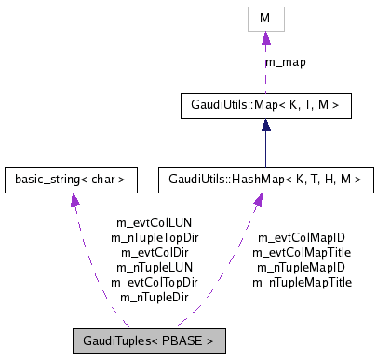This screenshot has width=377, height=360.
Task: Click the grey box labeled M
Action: [x=265, y=18]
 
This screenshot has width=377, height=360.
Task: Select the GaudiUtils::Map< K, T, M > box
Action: [x=265, y=106]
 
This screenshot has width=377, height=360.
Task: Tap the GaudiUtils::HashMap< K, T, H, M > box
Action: [x=265, y=176]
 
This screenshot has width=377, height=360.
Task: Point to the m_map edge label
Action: [x=286, y=61]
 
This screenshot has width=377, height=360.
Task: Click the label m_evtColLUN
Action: [x=155, y=223]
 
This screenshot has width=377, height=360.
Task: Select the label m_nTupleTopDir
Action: [x=155, y=237]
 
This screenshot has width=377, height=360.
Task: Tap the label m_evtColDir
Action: [x=155, y=252]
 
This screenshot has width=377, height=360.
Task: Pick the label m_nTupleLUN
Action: [x=155, y=267]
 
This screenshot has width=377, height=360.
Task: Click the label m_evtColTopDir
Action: [x=155, y=281]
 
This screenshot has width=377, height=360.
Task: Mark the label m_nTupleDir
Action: [x=155, y=296]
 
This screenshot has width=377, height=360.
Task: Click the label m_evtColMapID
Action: [x=301, y=237]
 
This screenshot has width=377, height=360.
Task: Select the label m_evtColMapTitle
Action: [x=301, y=252]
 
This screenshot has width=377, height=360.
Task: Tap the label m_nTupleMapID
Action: [x=301, y=267]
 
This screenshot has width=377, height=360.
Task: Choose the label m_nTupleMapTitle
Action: [x=301, y=281]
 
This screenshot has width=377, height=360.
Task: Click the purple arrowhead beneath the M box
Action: [x=265, y=38]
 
